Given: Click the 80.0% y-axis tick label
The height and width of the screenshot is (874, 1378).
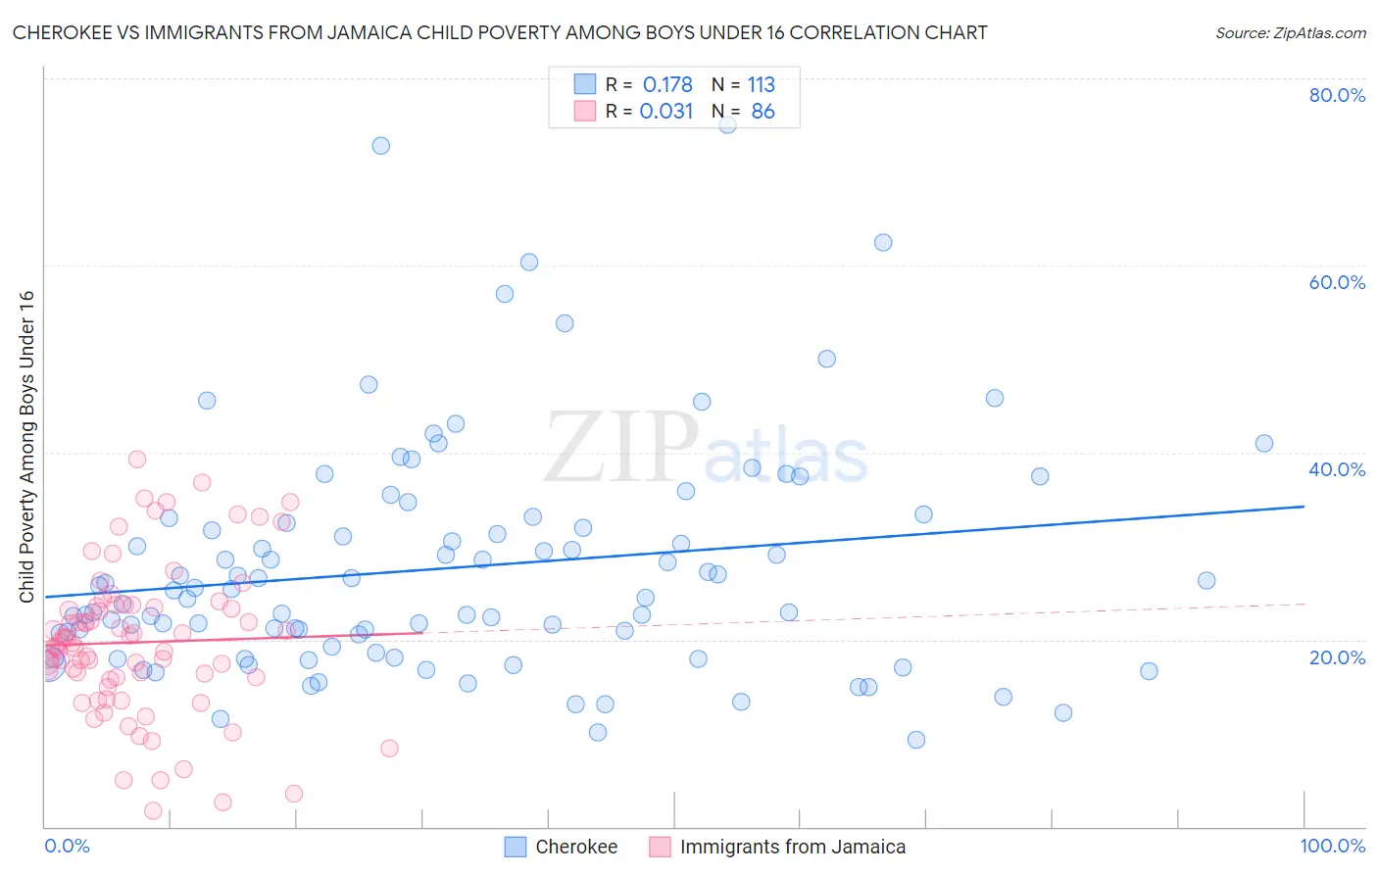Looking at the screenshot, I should click(x=1337, y=95).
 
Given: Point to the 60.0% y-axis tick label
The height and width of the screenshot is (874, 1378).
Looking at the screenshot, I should click(x=1337, y=282).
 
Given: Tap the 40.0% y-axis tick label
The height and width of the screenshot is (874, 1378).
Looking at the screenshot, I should click(x=1337, y=469).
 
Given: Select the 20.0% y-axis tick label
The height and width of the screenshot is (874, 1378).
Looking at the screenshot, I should click(x=1337, y=656).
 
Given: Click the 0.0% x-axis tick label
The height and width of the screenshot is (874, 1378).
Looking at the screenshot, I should click(x=67, y=846).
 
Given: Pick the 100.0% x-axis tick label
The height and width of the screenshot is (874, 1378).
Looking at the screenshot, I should click(x=1332, y=846).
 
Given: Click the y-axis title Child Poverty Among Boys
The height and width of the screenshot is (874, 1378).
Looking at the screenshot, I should click(x=26, y=447).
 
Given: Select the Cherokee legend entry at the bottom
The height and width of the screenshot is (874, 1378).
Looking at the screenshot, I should click(x=575, y=847).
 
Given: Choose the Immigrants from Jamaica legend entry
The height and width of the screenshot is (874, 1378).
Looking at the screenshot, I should click(x=792, y=847).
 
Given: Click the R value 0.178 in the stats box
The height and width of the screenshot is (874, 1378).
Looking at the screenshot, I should click(x=667, y=85).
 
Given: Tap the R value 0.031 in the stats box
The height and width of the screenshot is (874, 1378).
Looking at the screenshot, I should click(x=666, y=112).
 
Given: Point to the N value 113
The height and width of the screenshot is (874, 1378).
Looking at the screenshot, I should click(x=761, y=85).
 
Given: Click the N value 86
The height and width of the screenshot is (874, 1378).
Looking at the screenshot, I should click(x=763, y=112).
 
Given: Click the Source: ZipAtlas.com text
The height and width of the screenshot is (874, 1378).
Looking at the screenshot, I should click(x=1290, y=32).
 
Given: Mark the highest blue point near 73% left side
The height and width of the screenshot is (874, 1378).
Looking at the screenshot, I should click(x=380, y=146).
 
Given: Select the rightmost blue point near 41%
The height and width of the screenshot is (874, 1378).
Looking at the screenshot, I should click(x=1264, y=444).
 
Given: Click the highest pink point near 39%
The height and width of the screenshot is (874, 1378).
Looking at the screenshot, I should click(x=137, y=460).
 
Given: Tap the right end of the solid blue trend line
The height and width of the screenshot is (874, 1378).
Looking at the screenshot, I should click(x=1304, y=507).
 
